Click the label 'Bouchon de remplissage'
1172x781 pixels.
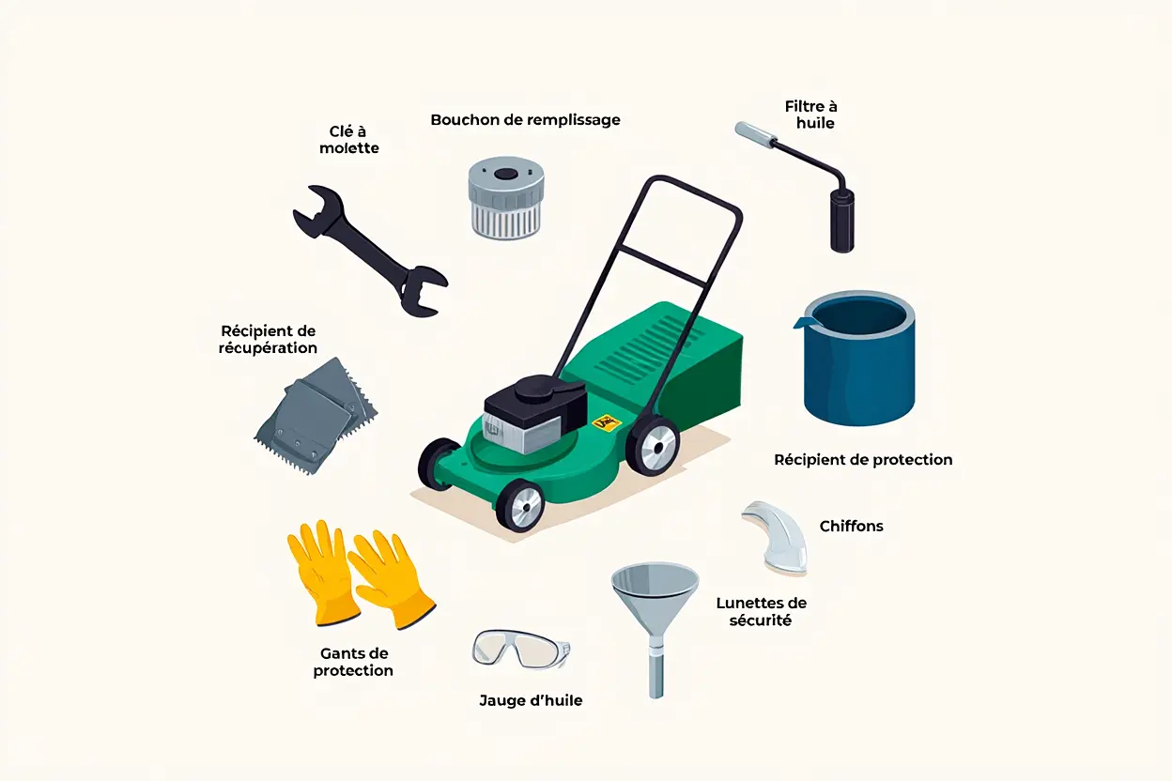point(525,120)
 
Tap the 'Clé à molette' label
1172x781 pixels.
point(349,140)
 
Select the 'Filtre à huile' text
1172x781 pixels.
point(811,115)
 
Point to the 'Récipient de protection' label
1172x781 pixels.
point(863,460)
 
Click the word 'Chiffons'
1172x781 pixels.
point(851,527)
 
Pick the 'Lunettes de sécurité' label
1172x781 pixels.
point(762,611)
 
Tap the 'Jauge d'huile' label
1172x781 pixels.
point(531,700)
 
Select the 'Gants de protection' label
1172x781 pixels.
point(353,662)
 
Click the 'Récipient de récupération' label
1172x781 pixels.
point(268,340)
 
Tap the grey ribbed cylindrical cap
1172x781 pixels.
point(506,198)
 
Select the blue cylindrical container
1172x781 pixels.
point(859,359)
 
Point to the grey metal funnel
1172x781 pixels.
point(655,602)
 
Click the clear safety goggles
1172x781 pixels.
point(521,650)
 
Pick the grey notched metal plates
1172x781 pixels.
point(316,416)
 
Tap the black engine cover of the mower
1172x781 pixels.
point(534,400)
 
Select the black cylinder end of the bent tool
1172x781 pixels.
point(842,221)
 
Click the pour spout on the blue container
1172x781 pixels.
point(804,322)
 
